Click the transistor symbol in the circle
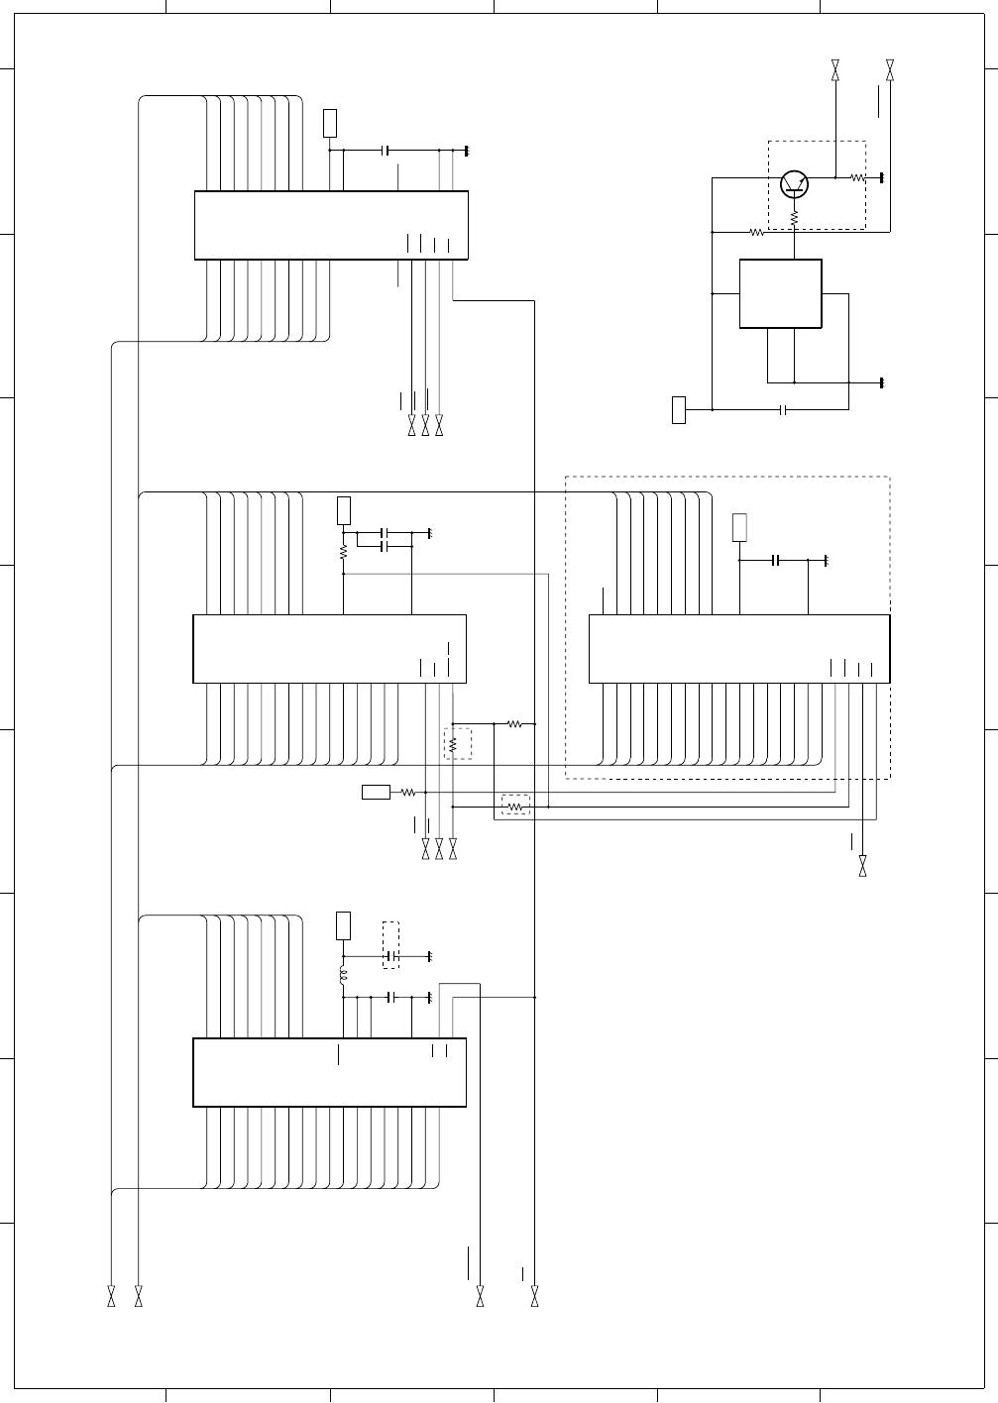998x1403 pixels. (795, 183)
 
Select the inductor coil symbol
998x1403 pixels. (343, 977)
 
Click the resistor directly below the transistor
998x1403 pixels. (795, 216)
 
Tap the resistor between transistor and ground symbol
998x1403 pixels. (859, 178)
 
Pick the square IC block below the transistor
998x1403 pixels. (781, 294)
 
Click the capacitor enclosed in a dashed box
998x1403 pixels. (391, 956)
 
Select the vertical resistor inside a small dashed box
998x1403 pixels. (453, 743)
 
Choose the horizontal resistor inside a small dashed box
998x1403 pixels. (515, 808)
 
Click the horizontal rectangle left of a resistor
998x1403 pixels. (377, 792)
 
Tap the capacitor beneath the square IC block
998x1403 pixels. (784, 408)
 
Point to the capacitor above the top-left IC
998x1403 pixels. (387, 151)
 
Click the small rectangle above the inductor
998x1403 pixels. (343, 925)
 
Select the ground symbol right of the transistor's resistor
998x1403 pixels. (881, 178)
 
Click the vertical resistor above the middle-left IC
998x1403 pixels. (343, 551)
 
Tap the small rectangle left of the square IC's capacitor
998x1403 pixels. (679, 409)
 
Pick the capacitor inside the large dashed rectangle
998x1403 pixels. (778, 561)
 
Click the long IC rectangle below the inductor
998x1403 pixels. (329, 1072)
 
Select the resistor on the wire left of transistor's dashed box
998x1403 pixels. (757, 233)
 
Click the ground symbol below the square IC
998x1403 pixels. (881, 382)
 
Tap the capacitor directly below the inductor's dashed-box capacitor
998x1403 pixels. (391, 997)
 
